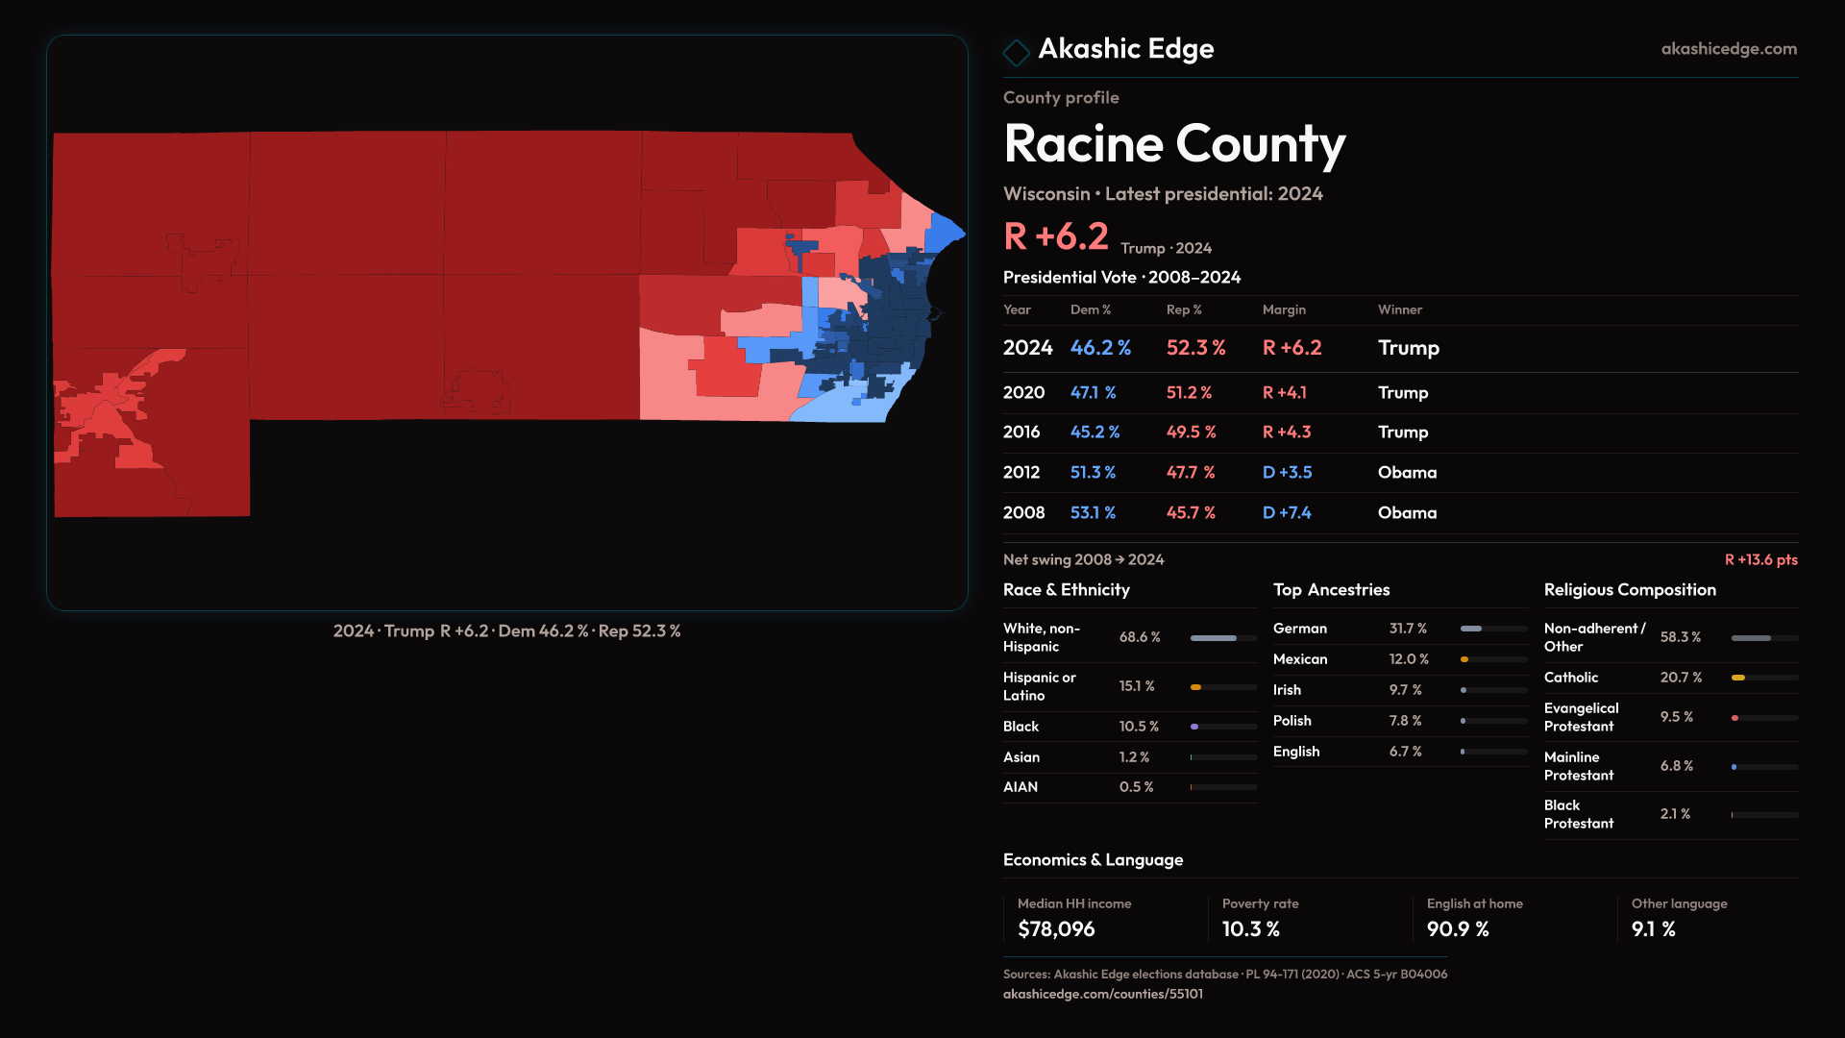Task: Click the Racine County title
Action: (1174, 144)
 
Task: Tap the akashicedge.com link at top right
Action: (1728, 49)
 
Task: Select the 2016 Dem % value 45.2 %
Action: (1095, 432)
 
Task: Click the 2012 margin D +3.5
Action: (1287, 473)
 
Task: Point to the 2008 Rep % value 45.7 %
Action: (1191, 513)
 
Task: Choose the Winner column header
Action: (1399, 309)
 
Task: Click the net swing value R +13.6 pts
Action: (1760, 559)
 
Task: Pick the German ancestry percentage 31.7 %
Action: (1408, 629)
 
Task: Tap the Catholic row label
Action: (1571, 678)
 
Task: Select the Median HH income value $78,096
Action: (1056, 929)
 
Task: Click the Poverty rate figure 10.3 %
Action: (1251, 929)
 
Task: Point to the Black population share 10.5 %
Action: (1139, 727)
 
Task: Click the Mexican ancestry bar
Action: (1493, 659)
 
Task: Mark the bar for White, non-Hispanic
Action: (1223, 638)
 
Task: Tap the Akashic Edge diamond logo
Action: (1016, 52)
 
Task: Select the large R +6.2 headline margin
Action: (1056, 236)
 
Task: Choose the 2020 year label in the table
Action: (1023, 393)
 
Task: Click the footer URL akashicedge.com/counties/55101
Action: (1102, 994)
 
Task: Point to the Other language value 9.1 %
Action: (1653, 929)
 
